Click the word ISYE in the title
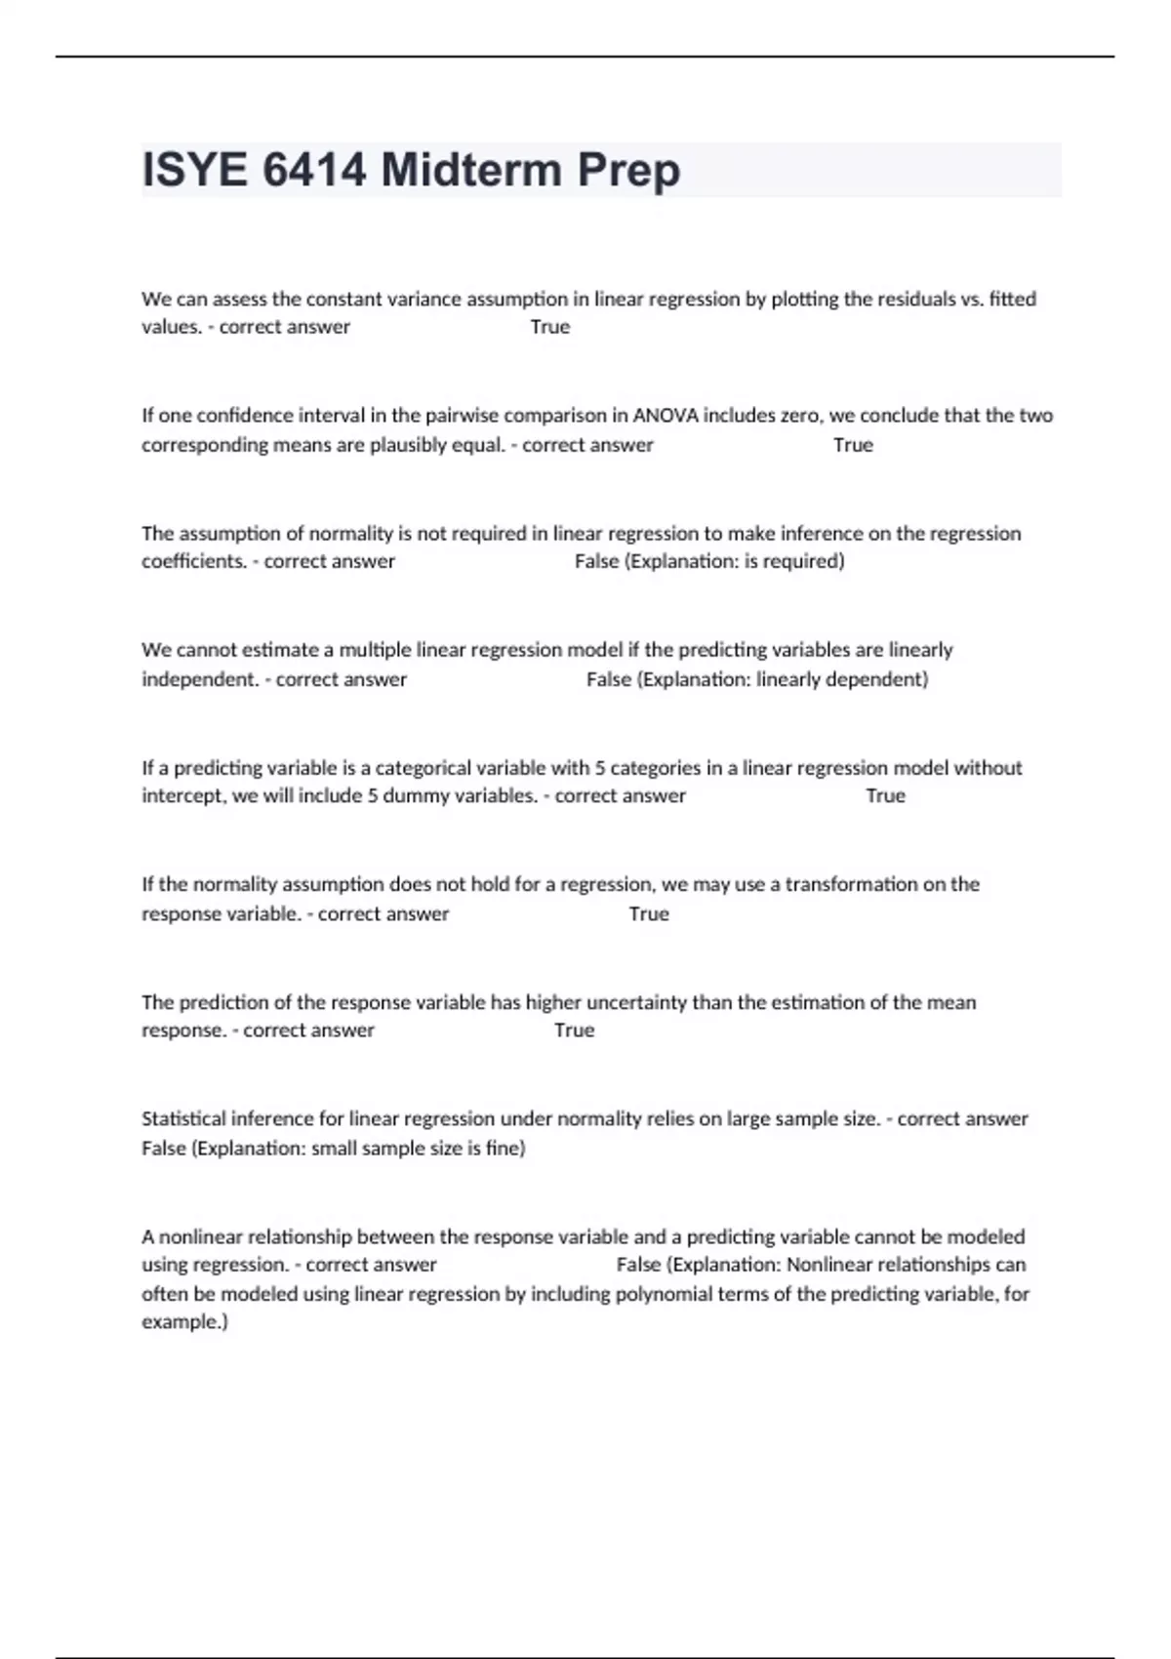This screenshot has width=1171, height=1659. (194, 171)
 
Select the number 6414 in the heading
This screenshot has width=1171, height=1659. (314, 171)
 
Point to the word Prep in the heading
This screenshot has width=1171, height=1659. (628, 171)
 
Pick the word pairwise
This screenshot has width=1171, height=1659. (460, 416)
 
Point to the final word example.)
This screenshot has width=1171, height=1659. (184, 1322)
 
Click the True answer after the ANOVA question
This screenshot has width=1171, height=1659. (853, 445)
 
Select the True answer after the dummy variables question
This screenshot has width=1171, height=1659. (885, 796)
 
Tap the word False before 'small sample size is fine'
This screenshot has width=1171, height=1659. (164, 1149)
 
